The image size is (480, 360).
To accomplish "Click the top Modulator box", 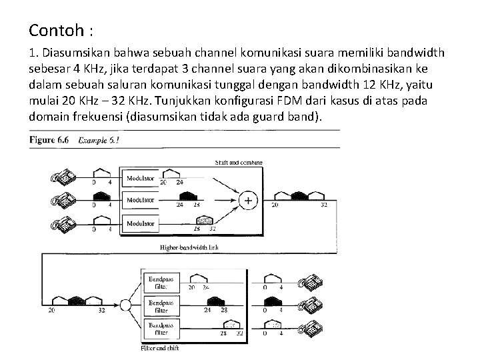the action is tap(141, 179).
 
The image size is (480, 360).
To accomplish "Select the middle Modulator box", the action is tap(141, 199).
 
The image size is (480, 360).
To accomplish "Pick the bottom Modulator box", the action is tap(141, 223).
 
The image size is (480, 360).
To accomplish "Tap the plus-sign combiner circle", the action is tap(249, 200).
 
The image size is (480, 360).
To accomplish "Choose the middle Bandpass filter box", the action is tap(160, 305).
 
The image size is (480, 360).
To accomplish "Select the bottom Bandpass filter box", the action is tap(160, 328).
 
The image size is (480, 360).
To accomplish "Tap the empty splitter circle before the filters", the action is tap(125, 305).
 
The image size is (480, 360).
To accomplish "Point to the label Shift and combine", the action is tap(238, 162).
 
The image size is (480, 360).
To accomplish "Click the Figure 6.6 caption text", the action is tap(51, 141).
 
